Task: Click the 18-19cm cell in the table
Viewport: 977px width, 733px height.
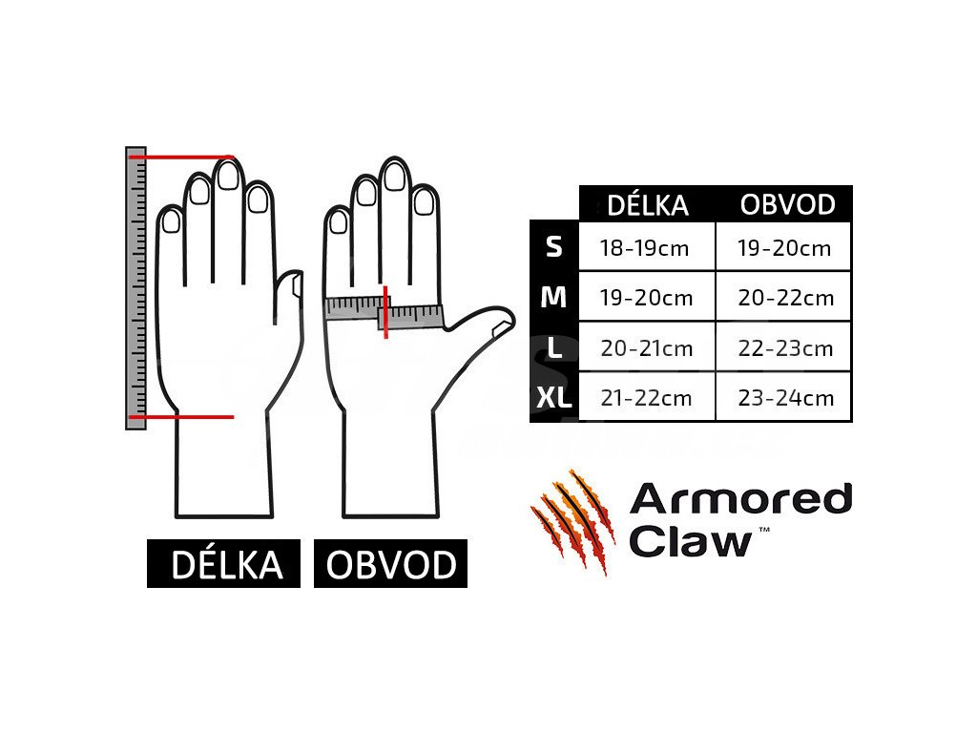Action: click(644, 248)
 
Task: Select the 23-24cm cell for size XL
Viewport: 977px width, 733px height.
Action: click(785, 398)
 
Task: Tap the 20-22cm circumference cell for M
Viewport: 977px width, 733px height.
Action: click(785, 298)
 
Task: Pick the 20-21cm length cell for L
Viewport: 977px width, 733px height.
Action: click(645, 348)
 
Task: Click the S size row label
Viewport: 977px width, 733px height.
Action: click(553, 247)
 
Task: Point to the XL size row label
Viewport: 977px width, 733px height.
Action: click(553, 398)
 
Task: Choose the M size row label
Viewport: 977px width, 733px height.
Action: click(553, 298)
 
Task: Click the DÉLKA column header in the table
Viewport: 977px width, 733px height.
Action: click(648, 204)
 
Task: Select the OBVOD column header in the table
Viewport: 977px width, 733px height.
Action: click(787, 204)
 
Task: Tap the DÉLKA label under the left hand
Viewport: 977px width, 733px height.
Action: click(226, 565)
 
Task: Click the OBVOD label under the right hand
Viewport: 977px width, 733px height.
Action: click(391, 565)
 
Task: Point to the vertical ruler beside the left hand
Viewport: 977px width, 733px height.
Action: click(135, 286)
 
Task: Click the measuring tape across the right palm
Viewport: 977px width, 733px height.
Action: click(385, 311)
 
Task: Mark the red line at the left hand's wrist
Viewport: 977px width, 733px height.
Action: click(181, 417)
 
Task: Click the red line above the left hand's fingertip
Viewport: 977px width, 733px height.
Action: click(181, 157)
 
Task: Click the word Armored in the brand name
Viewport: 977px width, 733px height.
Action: click(740, 500)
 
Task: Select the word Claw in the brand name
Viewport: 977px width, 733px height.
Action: click(691, 541)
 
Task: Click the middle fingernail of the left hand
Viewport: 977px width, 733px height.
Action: click(227, 176)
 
